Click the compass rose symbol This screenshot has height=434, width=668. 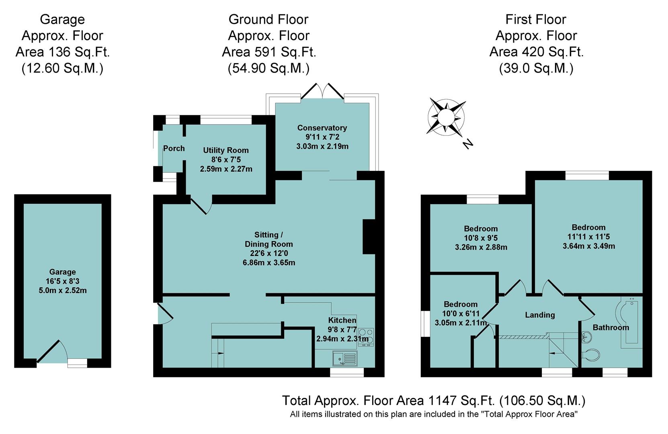point(445,117)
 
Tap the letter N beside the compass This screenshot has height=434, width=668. point(467,143)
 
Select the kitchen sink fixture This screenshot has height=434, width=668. point(345,358)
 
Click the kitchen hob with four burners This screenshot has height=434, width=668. point(365,337)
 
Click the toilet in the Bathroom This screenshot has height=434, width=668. point(591,354)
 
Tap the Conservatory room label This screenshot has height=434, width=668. point(322,128)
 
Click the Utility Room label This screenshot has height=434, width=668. point(225,150)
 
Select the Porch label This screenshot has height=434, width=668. point(174,148)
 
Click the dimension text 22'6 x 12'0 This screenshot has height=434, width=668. point(268,253)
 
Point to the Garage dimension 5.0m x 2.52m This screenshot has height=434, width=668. point(62,290)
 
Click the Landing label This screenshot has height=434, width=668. point(539,315)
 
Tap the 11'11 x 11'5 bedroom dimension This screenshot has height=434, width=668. point(588,237)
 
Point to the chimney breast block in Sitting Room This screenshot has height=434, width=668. point(369,237)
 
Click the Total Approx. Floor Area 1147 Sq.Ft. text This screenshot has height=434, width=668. point(433,401)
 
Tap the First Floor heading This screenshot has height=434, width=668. point(535,19)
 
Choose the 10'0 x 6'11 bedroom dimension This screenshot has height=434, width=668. point(460,313)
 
